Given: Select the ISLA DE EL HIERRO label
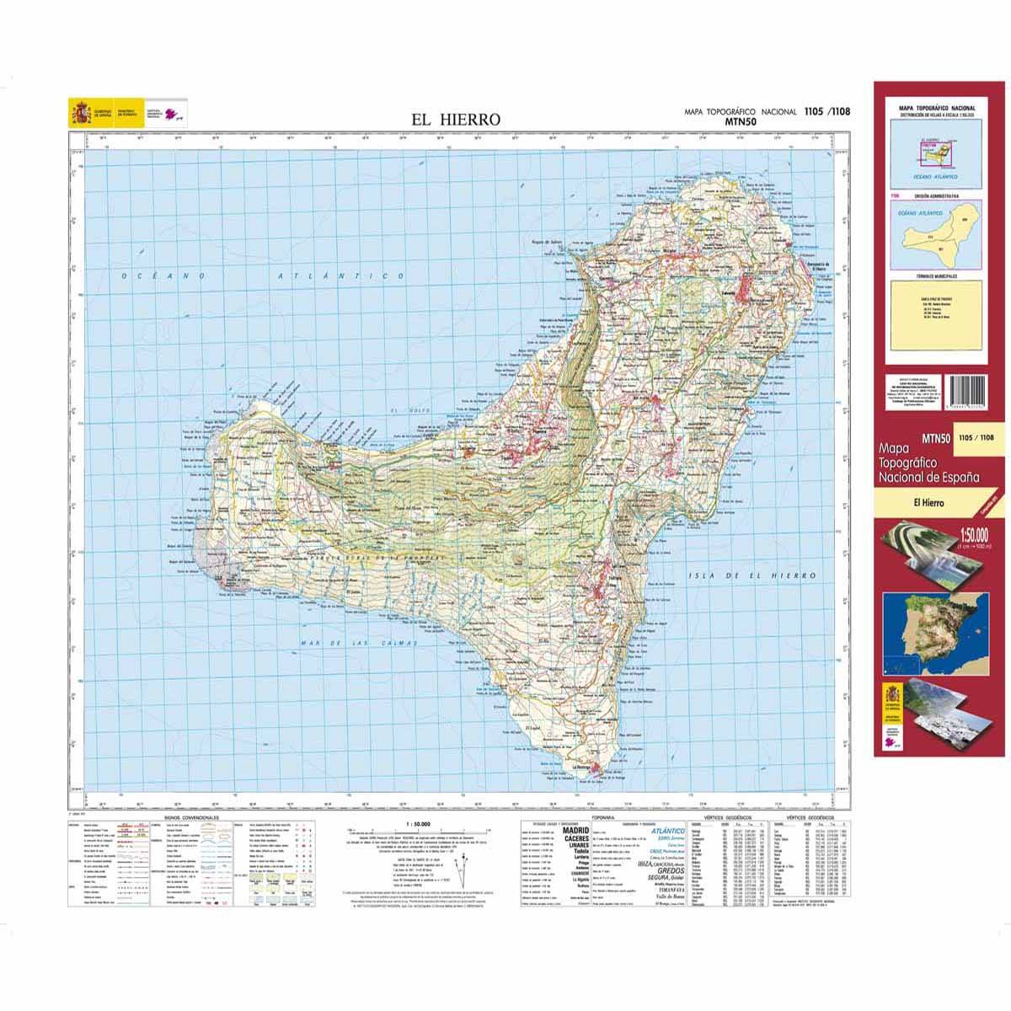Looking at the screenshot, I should tap(752, 575).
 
